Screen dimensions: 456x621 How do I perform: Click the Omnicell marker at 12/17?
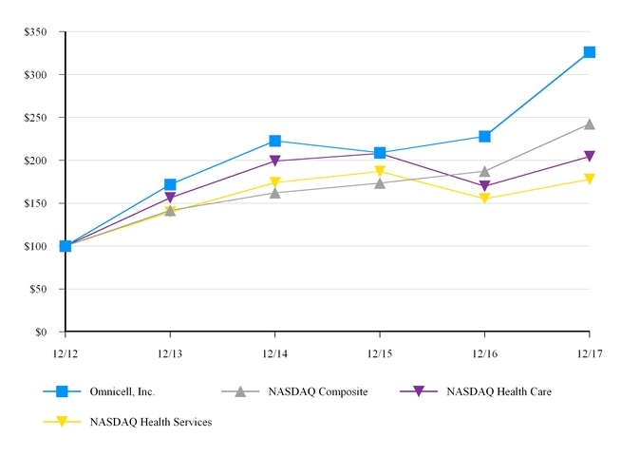point(589,52)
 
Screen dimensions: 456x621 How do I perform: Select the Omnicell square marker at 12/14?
point(274,141)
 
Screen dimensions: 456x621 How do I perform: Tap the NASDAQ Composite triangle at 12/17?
point(589,123)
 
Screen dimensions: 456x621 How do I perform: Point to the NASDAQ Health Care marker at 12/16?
point(484,187)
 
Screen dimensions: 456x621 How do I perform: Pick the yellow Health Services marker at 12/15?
point(380,172)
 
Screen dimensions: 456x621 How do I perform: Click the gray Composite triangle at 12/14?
point(274,193)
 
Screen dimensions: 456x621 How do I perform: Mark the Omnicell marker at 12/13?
point(170,184)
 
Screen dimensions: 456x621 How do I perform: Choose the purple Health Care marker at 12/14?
point(274,161)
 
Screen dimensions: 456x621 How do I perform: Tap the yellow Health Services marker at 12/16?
point(484,199)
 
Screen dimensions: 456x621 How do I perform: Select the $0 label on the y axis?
point(41,332)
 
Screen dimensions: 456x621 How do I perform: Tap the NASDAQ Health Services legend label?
point(151,421)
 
